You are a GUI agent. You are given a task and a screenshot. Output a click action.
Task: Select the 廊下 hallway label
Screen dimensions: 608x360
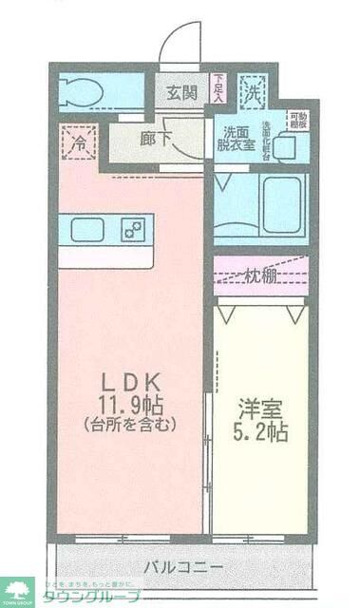[156, 137]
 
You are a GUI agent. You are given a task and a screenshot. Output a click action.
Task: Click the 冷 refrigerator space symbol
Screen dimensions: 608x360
[78, 143]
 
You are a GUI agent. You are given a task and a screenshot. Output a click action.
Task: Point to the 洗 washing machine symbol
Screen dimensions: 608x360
[252, 92]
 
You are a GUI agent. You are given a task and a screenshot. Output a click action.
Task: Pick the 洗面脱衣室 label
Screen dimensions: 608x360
[238, 139]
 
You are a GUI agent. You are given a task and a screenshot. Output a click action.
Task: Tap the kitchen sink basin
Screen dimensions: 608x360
[88, 229]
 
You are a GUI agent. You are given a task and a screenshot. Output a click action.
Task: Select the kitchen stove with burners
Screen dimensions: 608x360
[133, 229]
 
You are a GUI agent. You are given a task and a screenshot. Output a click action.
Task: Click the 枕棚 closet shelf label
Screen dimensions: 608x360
[260, 276]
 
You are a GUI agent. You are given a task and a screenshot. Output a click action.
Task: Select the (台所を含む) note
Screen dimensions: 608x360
[129, 425]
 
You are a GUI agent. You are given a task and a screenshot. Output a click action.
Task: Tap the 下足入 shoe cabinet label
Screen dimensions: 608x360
[218, 88]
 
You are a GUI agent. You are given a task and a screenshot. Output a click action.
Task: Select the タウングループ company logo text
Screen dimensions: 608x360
[90, 597]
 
